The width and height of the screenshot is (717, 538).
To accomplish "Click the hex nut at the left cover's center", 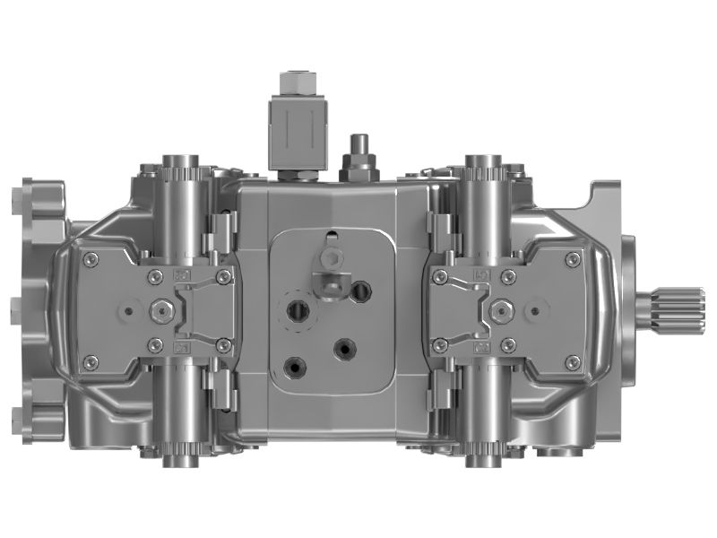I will pos(162,310).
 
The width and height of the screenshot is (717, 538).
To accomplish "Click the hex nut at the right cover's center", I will pos(500,310).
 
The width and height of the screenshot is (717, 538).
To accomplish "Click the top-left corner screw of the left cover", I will pos(90,260).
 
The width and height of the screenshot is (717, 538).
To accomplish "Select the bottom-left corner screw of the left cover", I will pos(90,361).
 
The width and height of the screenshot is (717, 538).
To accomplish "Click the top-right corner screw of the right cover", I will pos(572,260).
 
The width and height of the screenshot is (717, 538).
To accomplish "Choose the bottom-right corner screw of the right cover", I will pos(572,361).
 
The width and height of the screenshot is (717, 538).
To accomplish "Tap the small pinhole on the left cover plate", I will pos(128,311).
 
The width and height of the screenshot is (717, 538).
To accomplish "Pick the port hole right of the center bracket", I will pos(362,290).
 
